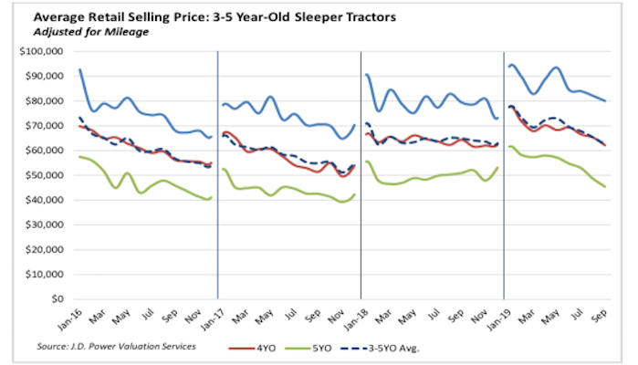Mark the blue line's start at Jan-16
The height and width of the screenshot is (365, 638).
80,69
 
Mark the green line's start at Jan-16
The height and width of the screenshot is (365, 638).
80,157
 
